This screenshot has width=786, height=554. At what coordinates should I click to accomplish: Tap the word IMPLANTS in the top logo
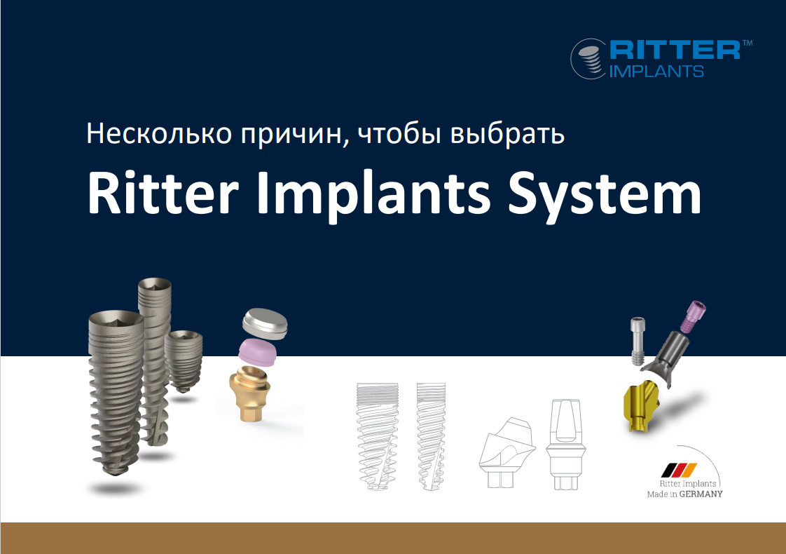click(657, 71)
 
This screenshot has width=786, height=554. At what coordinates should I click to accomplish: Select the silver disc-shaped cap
click(264, 323)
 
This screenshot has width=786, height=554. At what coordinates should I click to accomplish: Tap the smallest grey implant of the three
click(184, 360)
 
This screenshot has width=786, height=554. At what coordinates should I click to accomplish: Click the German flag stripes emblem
click(680, 469)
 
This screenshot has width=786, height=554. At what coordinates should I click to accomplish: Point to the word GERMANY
click(702, 493)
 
